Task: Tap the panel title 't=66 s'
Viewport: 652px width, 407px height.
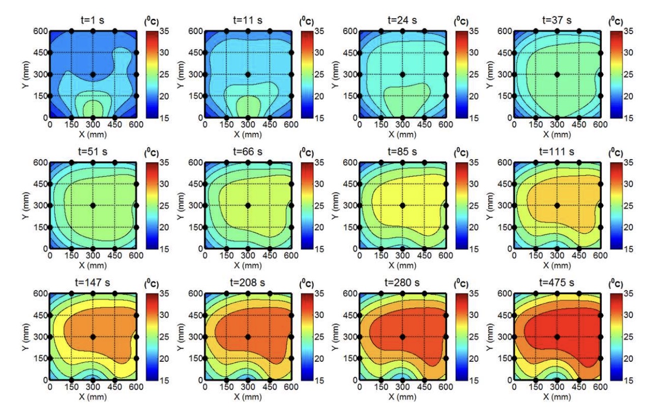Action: coord(248,153)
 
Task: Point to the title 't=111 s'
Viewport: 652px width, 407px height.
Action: coord(557,153)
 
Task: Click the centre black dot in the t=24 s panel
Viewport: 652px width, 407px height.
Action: coord(402,74)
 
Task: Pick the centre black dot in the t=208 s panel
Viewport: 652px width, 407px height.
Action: coord(248,337)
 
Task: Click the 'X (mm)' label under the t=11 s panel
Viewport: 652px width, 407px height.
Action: coord(248,134)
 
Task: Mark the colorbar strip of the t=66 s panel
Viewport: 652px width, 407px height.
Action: coord(307,206)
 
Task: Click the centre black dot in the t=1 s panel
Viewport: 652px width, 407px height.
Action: coord(93,74)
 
